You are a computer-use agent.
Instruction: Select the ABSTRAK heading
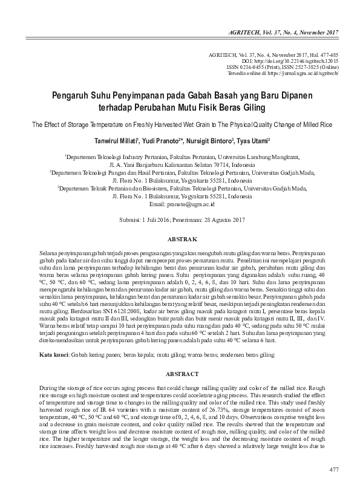pos(180,239)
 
